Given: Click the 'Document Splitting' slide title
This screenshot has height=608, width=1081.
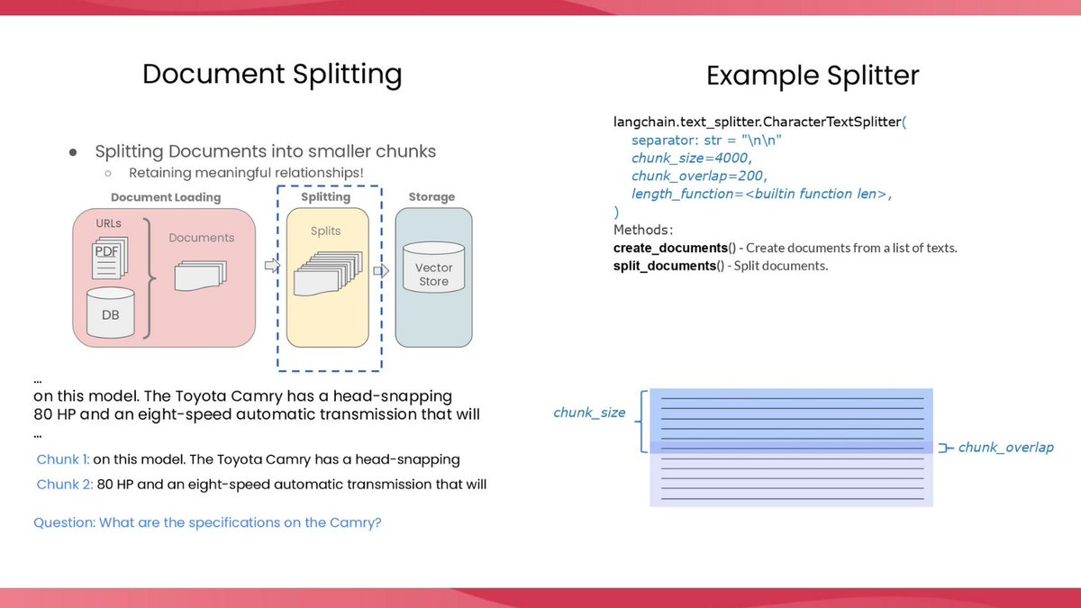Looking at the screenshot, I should pyautogui.click(x=272, y=74).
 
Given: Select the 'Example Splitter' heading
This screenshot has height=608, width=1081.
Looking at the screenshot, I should pyautogui.click(x=813, y=76).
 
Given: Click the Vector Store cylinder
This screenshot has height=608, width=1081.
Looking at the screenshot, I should pyautogui.click(x=433, y=268).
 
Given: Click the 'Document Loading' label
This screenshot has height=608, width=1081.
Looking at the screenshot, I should pyautogui.click(x=166, y=197).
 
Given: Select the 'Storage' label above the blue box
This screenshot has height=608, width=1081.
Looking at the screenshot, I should pyautogui.click(x=431, y=197).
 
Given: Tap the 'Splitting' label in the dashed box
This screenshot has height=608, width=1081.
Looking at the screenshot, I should pyautogui.click(x=325, y=197).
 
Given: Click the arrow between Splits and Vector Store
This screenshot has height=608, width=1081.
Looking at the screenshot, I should pyautogui.click(x=381, y=270).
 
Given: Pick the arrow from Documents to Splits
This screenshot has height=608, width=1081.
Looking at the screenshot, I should pyautogui.click(x=271, y=265).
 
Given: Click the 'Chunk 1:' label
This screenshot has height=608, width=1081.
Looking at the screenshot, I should pyautogui.click(x=62, y=459).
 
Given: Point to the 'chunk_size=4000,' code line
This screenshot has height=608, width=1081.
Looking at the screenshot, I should pyautogui.click(x=690, y=159).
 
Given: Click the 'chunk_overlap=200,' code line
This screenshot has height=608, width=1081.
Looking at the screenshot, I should pyautogui.click(x=699, y=176).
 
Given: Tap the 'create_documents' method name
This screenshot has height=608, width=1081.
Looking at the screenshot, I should pyautogui.click(x=670, y=248).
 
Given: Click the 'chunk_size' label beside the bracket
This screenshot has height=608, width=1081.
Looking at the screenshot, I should pyautogui.click(x=589, y=413).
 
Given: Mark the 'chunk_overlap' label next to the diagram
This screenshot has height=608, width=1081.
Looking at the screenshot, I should pyautogui.click(x=1005, y=448).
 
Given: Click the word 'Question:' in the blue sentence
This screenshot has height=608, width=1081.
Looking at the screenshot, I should pyautogui.click(x=64, y=522).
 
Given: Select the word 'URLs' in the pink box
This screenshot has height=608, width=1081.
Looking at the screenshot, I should pyautogui.click(x=109, y=223).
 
